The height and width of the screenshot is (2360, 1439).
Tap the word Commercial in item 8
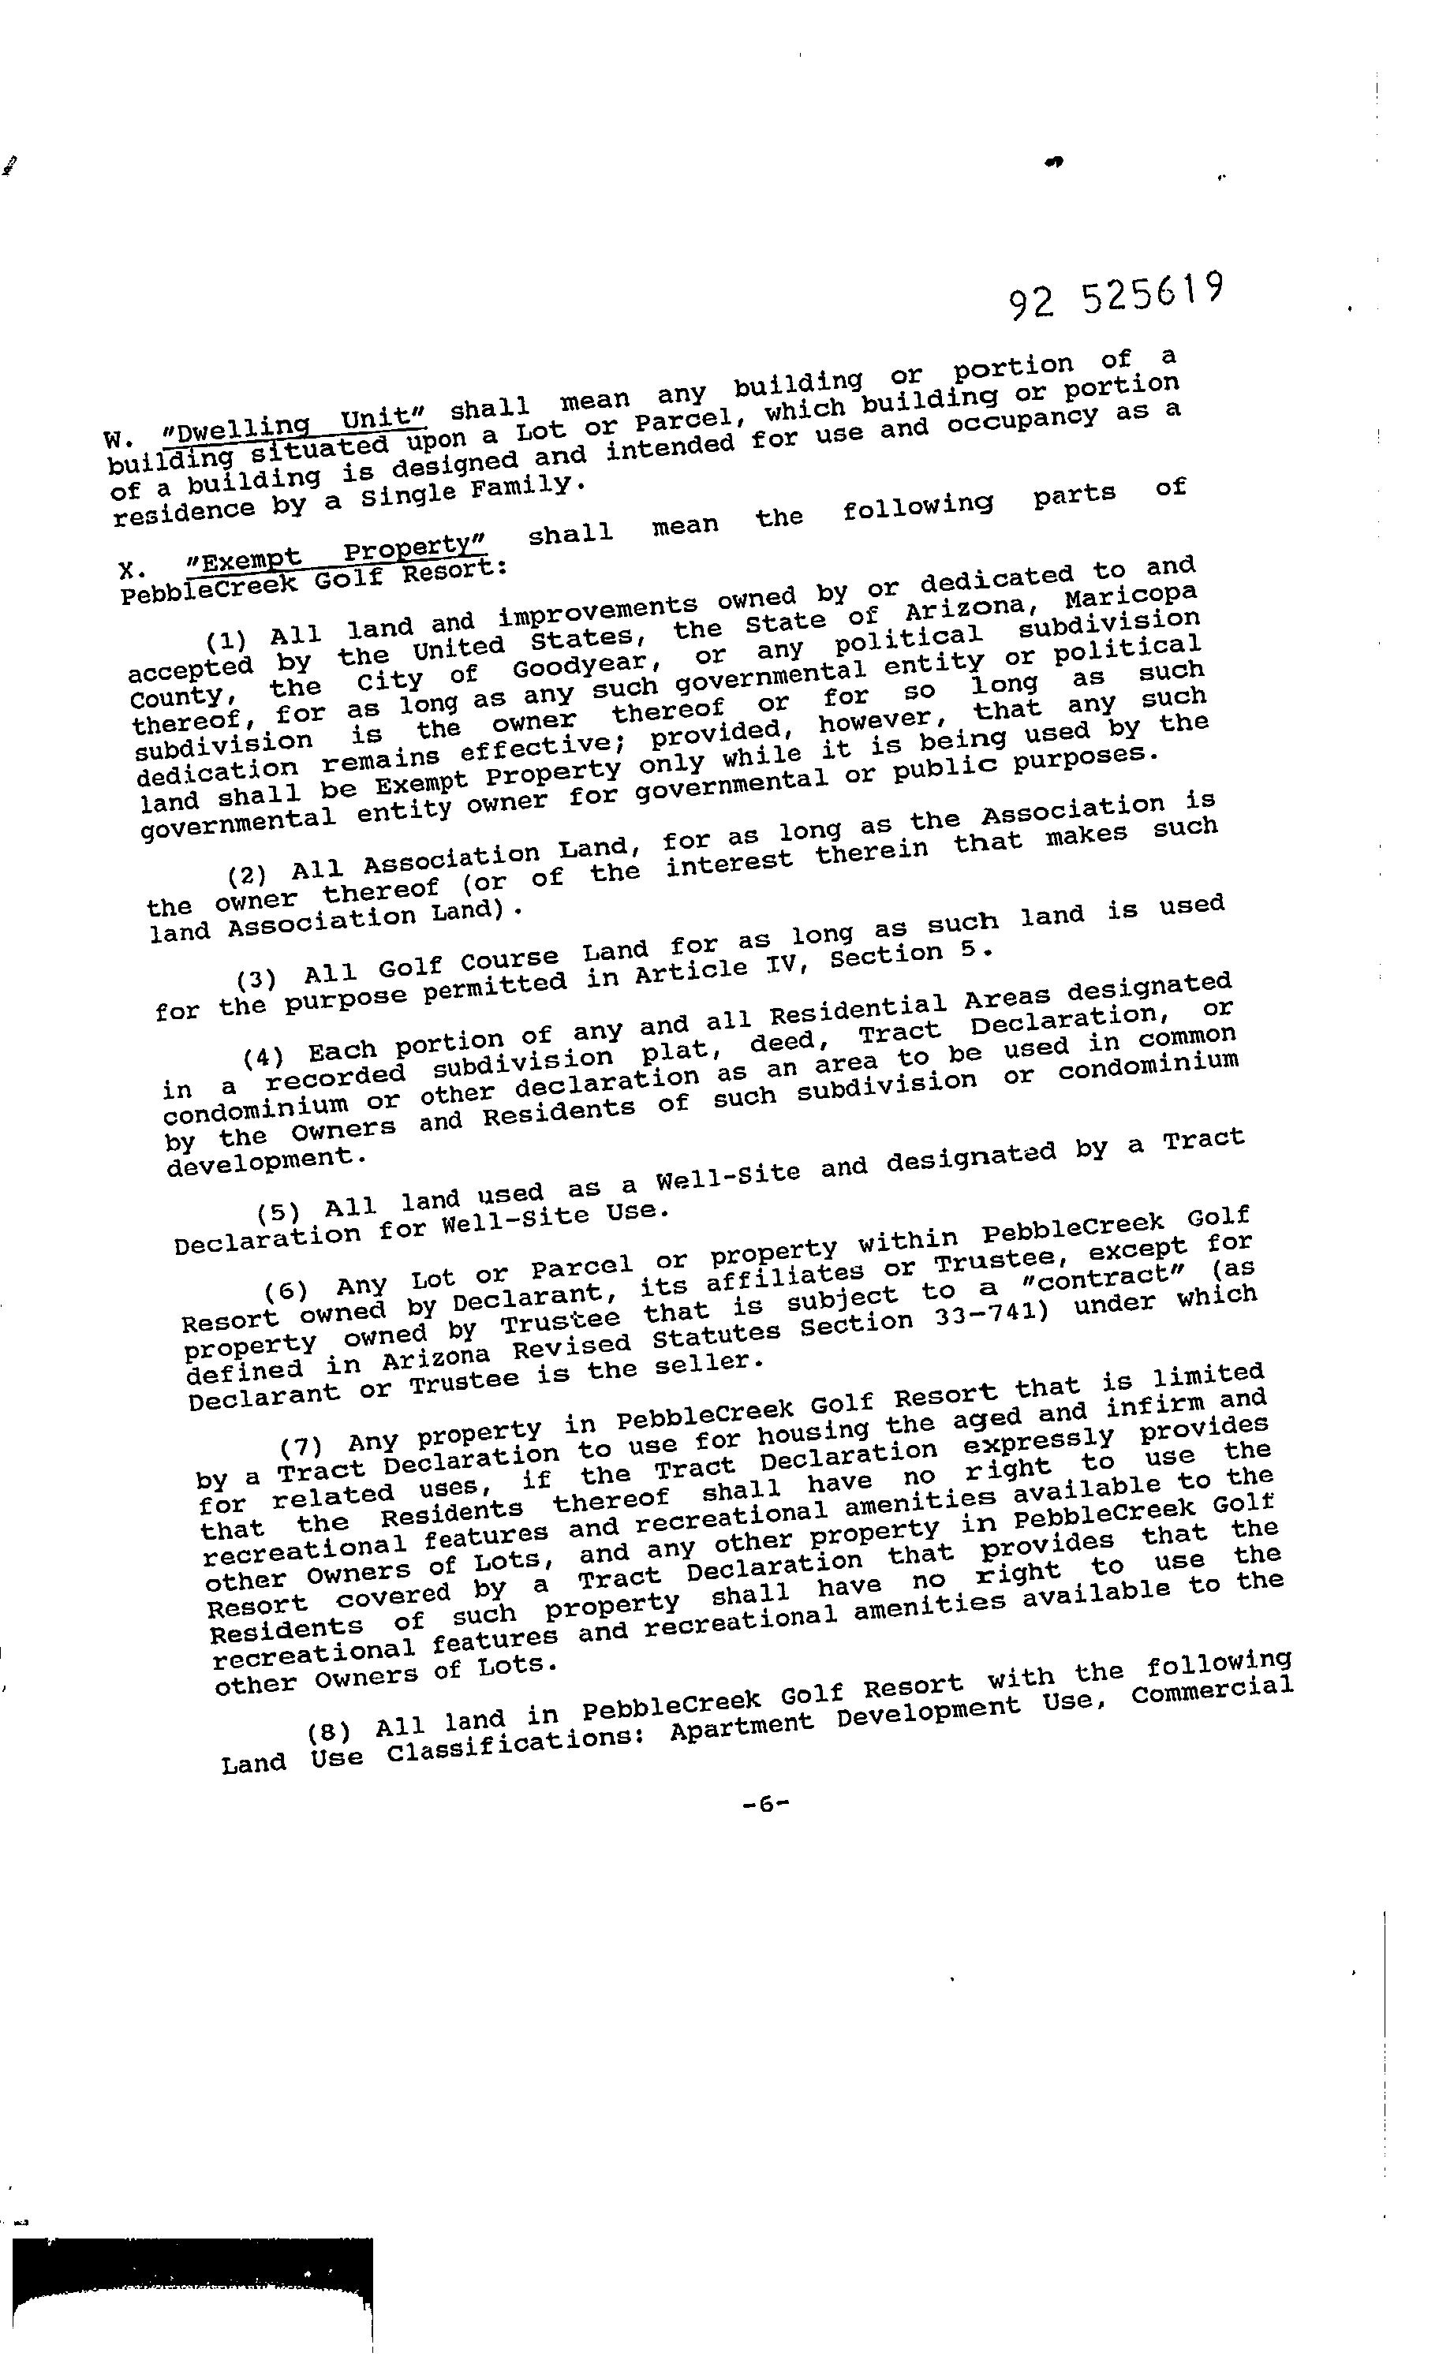1212,1690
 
